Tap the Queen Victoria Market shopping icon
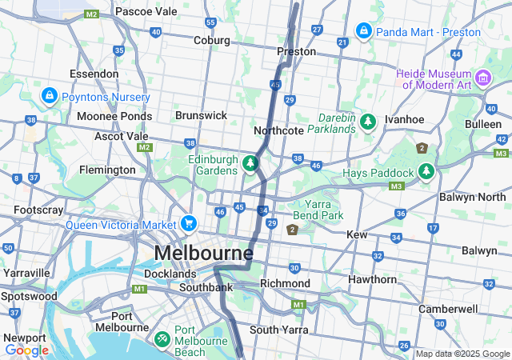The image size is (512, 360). [x=189, y=223]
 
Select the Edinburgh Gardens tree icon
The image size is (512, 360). [x=250, y=164]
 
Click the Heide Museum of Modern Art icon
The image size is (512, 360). [x=483, y=78]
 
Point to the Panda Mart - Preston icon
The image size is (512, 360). [x=363, y=31]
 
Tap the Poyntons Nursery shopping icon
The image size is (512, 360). [x=50, y=96]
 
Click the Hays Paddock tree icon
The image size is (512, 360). [x=427, y=172]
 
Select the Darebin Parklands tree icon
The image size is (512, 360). [x=367, y=122]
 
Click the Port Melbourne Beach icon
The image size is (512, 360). [x=162, y=340]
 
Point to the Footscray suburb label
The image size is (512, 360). [x=38, y=210]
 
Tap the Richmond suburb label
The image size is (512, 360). [x=285, y=283]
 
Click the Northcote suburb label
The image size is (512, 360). [x=278, y=130]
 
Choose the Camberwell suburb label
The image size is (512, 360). [x=448, y=309]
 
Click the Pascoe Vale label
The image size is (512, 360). [x=146, y=12]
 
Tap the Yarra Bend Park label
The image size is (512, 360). [x=323, y=210]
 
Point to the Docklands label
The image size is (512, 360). [x=170, y=273]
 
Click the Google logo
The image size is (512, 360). [x=26, y=350]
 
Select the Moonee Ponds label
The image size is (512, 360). [x=114, y=116]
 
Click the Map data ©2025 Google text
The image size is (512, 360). [x=462, y=354]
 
